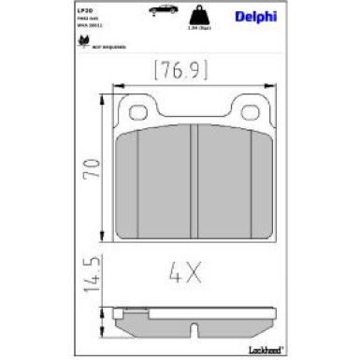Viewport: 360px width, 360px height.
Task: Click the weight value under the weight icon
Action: [x=225, y=33]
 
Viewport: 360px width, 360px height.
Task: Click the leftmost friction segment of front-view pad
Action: [x=127, y=182]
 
